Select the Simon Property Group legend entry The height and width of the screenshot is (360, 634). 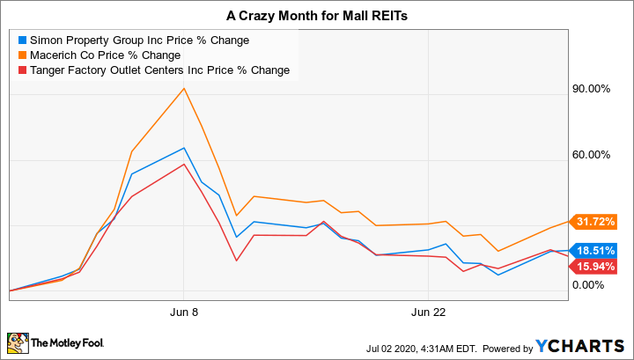tap(138, 40)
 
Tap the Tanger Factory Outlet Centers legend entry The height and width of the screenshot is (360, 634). tap(159, 70)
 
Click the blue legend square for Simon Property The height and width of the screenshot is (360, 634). tap(20, 40)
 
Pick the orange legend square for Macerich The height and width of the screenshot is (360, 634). tap(20, 55)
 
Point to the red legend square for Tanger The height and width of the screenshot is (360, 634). tap(20, 70)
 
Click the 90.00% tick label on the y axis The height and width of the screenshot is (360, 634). tap(592, 90)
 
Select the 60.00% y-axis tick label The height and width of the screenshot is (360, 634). tap(592, 155)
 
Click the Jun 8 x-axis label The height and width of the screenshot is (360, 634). tap(183, 312)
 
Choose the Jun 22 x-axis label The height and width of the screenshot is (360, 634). tap(426, 312)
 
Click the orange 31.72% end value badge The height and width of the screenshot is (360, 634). tap(595, 221)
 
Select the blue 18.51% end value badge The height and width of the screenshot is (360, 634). tap(595, 250)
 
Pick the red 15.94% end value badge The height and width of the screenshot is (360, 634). tap(595, 266)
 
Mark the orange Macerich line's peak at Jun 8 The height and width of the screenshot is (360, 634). tap(183, 88)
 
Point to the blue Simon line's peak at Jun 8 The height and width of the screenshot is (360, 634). tap(183, 148)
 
